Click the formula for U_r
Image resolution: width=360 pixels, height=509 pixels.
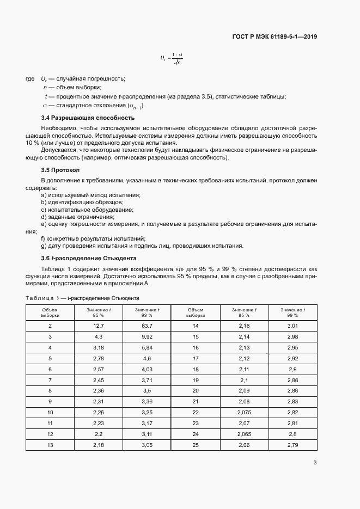coord(171,58)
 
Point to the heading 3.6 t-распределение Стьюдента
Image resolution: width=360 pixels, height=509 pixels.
coord(89,257)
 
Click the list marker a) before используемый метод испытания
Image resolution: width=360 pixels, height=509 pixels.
coord(44,195)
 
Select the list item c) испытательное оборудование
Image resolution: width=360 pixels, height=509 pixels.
coord(87,210)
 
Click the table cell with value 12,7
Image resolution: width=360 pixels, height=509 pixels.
coord(99,326)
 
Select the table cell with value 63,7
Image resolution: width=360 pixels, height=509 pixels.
coord(147,326)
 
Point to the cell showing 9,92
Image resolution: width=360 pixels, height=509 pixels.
coord(147,336)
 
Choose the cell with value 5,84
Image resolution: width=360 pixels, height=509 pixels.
coord(147,347)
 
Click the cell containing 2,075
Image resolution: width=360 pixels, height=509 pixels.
coord(244,413)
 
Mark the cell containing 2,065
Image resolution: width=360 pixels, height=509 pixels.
coord(244,434)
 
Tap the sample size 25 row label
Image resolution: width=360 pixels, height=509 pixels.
coord(196,445)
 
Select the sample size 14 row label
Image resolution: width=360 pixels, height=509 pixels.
coord(196,326)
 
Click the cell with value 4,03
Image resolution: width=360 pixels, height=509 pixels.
coord(147,369)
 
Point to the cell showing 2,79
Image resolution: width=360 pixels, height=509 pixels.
coord(292,445)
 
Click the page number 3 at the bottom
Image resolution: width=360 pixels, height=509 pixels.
coord(315,463)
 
